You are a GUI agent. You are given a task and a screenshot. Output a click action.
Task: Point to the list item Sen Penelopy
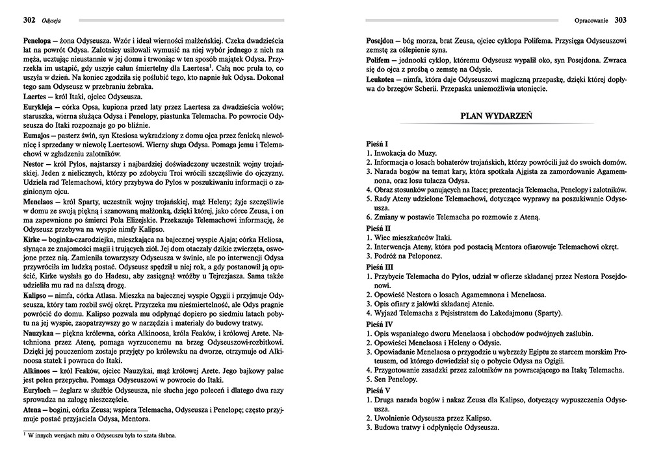394,381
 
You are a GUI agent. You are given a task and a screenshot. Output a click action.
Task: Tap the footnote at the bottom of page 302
97,437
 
